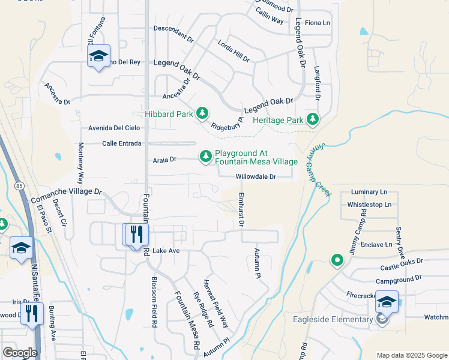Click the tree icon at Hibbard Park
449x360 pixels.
coord(202,113)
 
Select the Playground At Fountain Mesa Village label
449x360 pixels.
coord(256,158)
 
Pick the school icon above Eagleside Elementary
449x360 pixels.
coord(387,302)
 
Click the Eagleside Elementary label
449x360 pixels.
coord(333,319)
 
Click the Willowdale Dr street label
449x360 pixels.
coord(256,177)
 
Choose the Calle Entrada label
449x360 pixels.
coord(121,143)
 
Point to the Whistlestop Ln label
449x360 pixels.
coord(369,205)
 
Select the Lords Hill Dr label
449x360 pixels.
coord(234,52)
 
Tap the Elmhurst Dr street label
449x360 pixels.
coord(241,209)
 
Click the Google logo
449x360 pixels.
coord(20,353)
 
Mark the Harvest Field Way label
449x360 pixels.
coord(215,302)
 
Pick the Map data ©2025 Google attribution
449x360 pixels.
coord(411,355)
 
